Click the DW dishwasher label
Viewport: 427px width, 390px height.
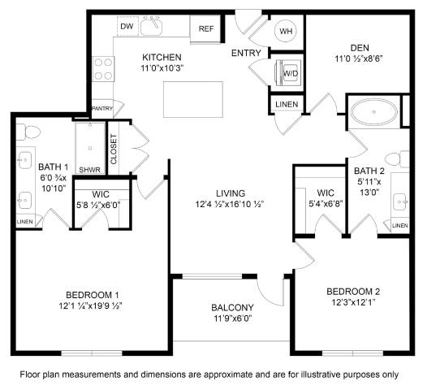click(127, 27)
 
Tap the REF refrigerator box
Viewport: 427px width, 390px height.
click(205, 29)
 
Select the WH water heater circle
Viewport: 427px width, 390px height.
click(286, 31)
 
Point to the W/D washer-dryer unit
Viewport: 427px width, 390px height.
click(289, 73)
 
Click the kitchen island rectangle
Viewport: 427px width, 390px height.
click(193, 99)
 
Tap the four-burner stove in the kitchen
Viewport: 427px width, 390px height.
click(103, 69)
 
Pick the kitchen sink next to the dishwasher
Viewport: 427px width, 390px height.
click(152, 26)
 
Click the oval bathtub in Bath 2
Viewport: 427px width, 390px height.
click(373, 112)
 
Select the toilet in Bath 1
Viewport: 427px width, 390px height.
click(28, 132)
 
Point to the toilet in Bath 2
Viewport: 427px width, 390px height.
click(397, 159)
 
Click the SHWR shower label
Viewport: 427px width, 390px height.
click(89, 170)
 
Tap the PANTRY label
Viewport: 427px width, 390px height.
click(102, 108)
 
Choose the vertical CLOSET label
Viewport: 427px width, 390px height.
click(114, 149)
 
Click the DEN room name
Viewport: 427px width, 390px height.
click(360, 48)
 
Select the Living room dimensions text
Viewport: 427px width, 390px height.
click(230, 204)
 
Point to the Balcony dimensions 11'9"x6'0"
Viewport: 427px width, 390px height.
click(232, 318)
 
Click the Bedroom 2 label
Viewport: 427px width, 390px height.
click(353, 292)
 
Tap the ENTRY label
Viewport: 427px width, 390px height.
click(246, 53)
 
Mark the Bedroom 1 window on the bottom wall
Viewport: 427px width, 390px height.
click(92, 353)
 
